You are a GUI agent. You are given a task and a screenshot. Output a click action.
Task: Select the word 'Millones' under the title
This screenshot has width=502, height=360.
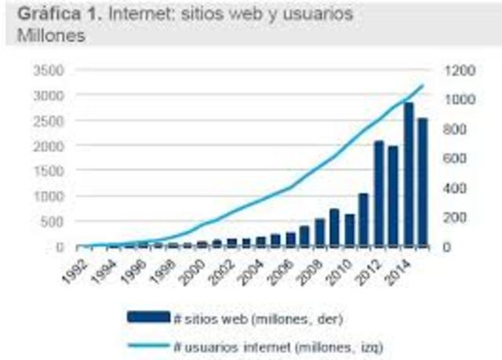pos(48,36)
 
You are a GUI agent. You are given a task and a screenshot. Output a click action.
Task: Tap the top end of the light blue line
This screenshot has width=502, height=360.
pos(424,85)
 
